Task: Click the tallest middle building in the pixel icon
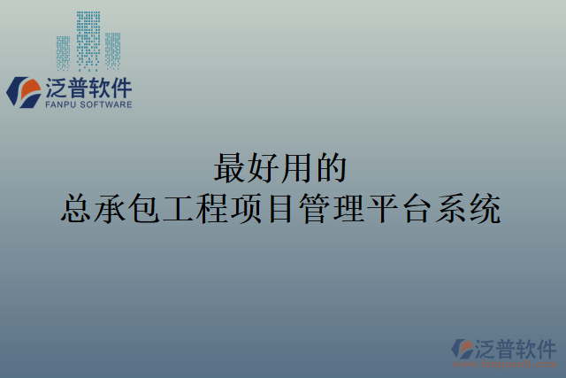point(88,41)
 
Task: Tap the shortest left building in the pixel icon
point(64,52)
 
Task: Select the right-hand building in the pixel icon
point(113,50)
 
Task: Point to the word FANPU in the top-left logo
point(59,104)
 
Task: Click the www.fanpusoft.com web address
point(504,364)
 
